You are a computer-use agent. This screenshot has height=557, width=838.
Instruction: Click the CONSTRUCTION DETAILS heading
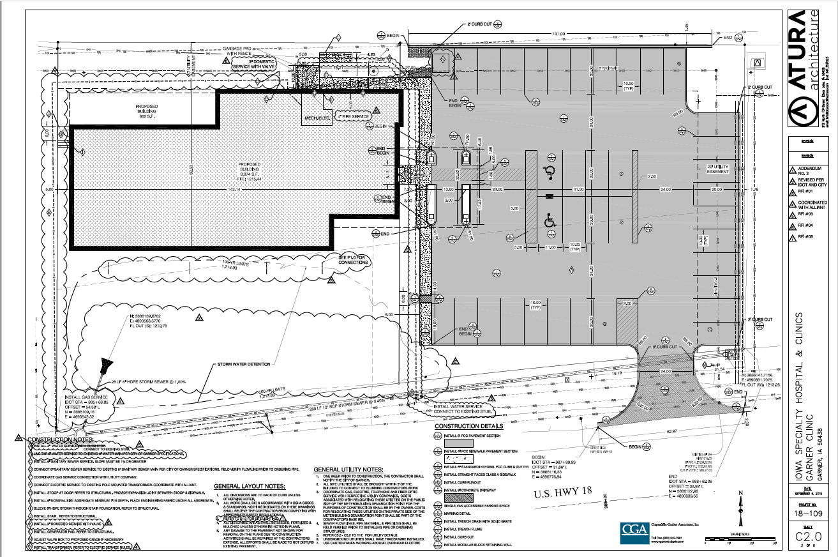[x=468, y=426]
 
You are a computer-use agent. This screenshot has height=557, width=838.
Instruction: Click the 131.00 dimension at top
[x=559, y=34]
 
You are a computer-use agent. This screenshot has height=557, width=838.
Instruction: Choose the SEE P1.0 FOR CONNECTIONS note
[x=352, y=259]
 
